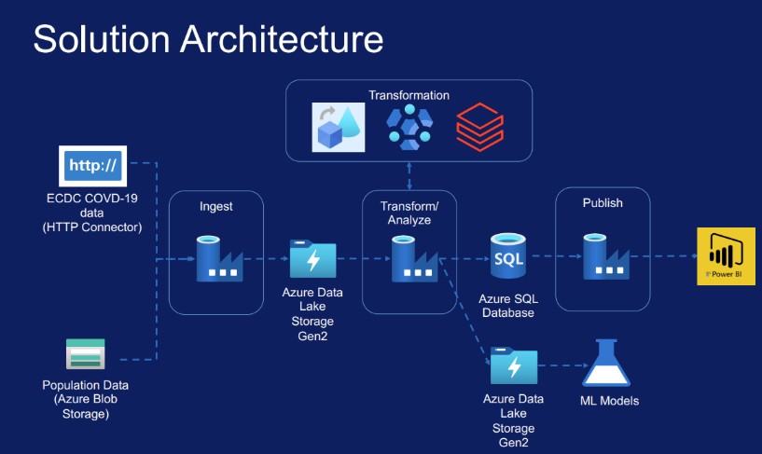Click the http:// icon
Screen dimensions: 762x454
pos(93,166)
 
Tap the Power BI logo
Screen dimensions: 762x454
pos(726,255)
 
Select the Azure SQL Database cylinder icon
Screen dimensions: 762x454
pos(507,255)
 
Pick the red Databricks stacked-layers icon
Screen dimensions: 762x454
pos(479,127)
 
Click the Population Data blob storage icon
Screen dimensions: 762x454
pos(86,354)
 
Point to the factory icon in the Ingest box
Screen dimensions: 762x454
pos(219,259)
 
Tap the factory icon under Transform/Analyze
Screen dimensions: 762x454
pos(414,259)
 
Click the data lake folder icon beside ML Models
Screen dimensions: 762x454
pos(514,365)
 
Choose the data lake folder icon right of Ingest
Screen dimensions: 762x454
pos(313,259)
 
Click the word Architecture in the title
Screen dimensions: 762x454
pos(282,39)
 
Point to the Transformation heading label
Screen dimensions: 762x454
pos(409,95)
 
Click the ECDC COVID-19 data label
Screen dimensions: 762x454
pos(92,213)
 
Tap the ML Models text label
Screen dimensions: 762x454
pos(609,401)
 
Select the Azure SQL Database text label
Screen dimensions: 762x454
pos(508,306)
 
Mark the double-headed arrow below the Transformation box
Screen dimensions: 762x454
pos(409,176)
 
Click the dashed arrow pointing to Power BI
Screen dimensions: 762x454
pos(665,255)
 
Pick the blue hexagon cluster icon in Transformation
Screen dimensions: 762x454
pos(409,127)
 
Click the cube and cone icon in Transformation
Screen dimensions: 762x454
pos(339,127)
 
